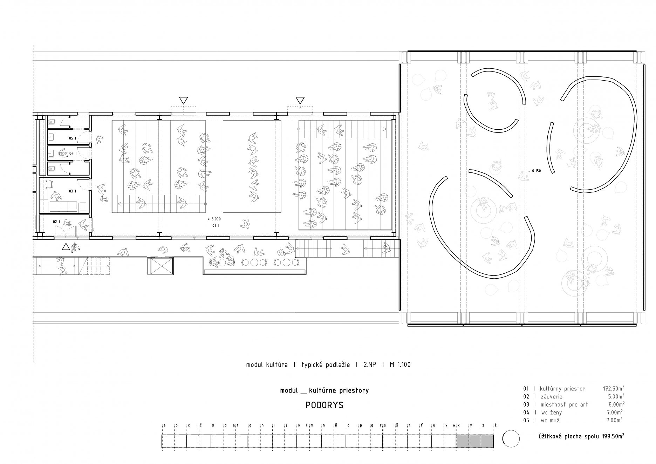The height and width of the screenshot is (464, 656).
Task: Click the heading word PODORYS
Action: tap(324, 405)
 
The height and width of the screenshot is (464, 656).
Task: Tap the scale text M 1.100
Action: tap(400, 365)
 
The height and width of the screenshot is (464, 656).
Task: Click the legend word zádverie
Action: tap(551, 397)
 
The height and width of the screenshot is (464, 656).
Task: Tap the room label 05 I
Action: tap(73, 138)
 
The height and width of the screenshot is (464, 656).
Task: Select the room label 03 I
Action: tap(73, 191)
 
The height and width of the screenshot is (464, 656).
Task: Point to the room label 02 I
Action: tap(57, 222)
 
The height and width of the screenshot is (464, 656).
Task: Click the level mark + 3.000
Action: tap(214, 219)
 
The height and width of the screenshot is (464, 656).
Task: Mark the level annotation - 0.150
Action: tap(535, 171)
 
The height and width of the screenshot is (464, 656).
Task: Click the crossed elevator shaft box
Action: tap(160, 266)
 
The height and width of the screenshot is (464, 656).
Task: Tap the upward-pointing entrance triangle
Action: tap(66, 247)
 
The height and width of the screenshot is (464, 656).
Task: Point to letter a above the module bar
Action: tap(165, 425)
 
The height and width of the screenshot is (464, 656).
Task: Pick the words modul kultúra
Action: tap(267, 365)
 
